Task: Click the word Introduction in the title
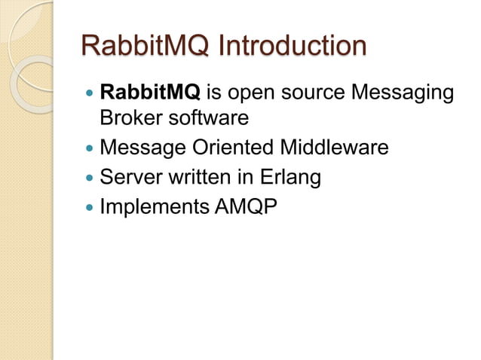click(x=290, y=46)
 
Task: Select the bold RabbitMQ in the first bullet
click(x=149, y=93)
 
